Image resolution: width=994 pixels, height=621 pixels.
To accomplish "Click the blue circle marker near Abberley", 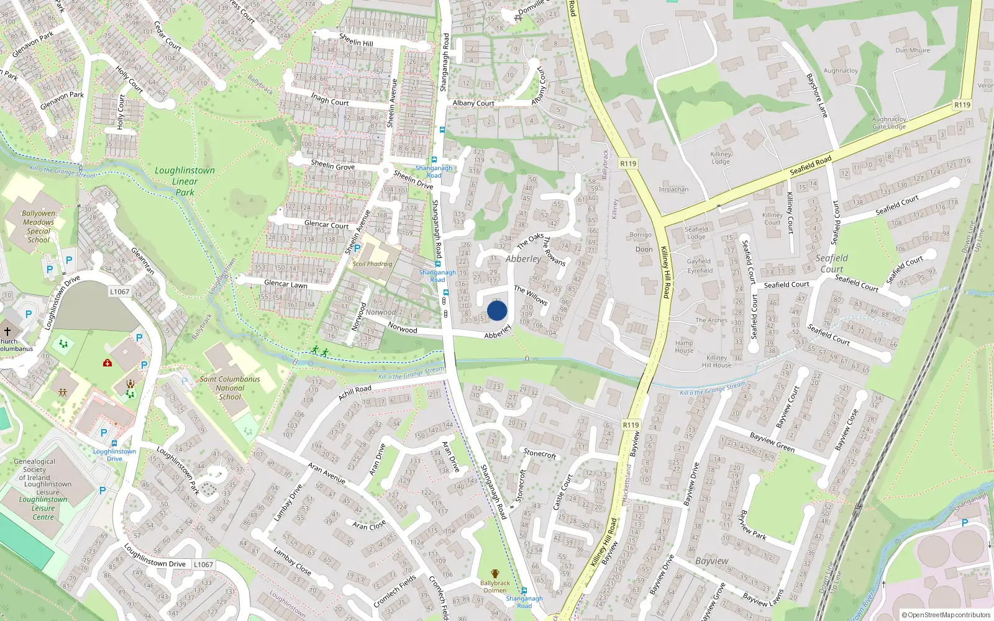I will (497, 310).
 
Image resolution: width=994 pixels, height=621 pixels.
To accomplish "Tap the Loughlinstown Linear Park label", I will (185, 181).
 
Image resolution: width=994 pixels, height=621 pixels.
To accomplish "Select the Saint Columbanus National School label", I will (230, 388).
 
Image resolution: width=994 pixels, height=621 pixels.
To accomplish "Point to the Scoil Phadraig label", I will (372, 264).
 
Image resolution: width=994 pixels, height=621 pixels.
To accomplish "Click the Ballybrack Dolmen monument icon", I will (495, 574).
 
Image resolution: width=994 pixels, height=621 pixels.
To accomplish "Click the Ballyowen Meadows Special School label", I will (38, 226).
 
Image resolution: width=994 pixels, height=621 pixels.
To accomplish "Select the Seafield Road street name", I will (810, 165).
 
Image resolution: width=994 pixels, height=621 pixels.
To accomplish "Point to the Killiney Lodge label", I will (721, 158).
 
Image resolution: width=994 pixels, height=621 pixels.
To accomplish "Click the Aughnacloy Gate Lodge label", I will (889, 122).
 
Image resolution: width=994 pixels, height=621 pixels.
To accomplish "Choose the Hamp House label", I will (684, 347).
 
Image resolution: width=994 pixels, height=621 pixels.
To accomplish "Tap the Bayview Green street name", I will (772, 442).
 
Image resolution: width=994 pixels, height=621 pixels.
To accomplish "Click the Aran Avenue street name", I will (327, 473).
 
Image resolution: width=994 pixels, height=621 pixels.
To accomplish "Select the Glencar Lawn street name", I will (286, 284).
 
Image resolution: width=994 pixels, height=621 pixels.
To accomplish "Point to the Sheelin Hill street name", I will (356, 40).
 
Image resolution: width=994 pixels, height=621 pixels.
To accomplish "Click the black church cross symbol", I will (7, 332).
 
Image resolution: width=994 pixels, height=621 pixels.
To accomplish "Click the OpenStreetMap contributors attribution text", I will (946, 615).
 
